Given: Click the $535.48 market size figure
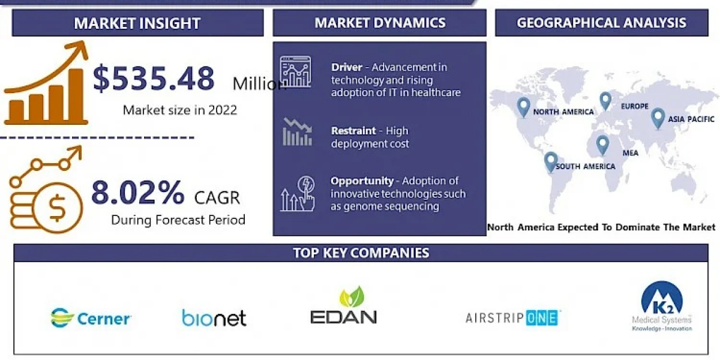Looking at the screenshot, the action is (x=154, y=78).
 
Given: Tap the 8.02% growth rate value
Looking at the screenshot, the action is (x=138, y=192).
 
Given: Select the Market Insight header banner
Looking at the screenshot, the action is (x=137, y=23).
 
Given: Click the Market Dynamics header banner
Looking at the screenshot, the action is (x=380, y=23).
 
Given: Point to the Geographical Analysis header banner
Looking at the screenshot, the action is (x=602, y=23).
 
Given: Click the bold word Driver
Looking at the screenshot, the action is (x=347, y=67).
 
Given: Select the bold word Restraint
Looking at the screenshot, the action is (x=353, y=131).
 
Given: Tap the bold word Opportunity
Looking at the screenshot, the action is (x=362, y=181).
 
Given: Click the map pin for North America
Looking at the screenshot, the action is (x=523, y=107).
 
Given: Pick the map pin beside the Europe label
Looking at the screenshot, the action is (x=605, y=101).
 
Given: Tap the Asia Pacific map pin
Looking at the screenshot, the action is (x=658, y=119).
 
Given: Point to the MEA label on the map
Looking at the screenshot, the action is (x=631, y=153).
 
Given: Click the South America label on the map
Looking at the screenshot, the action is (x=586, y=167).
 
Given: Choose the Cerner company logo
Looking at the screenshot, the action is (x=91, y=318).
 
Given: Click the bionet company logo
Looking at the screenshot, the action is (x=214, y=318).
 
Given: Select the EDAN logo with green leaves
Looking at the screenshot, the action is (x=344, y=305).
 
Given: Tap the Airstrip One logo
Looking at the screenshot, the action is (x=512, y=318).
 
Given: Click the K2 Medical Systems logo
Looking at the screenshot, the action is (x=662, y=306).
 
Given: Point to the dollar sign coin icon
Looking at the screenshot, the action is (x=58, y=208).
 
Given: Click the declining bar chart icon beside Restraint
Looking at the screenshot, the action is (x=298, y=133).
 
